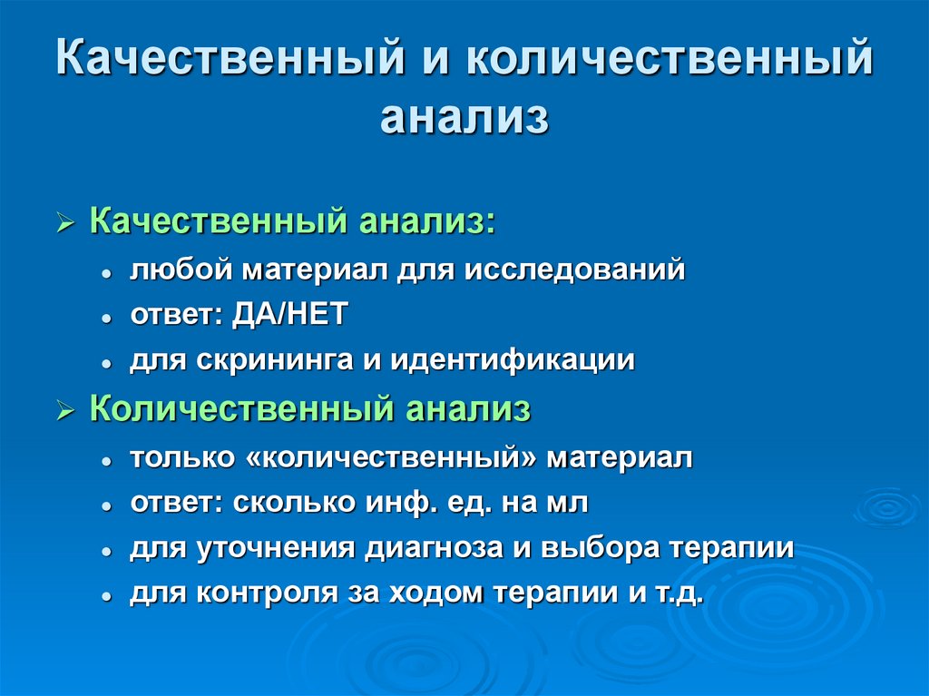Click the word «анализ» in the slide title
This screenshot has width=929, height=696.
pos(464,120)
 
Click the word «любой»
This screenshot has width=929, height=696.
pos(181,270)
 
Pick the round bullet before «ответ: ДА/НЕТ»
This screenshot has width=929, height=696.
pos(107,317)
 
